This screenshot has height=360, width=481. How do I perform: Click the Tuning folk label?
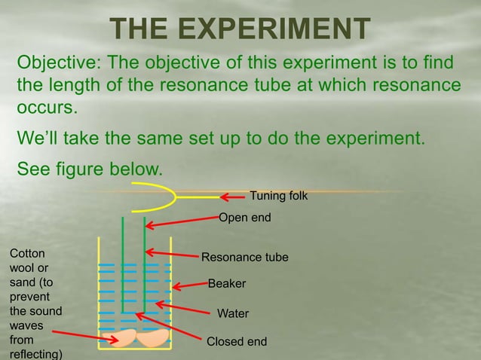(x=278, y=196)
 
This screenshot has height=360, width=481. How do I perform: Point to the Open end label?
(x=244, y=218)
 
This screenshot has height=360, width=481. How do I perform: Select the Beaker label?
(x=227, y=285)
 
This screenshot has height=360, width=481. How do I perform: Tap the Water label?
(x=232, y=313)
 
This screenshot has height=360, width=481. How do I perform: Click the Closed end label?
(x=237, y=342)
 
